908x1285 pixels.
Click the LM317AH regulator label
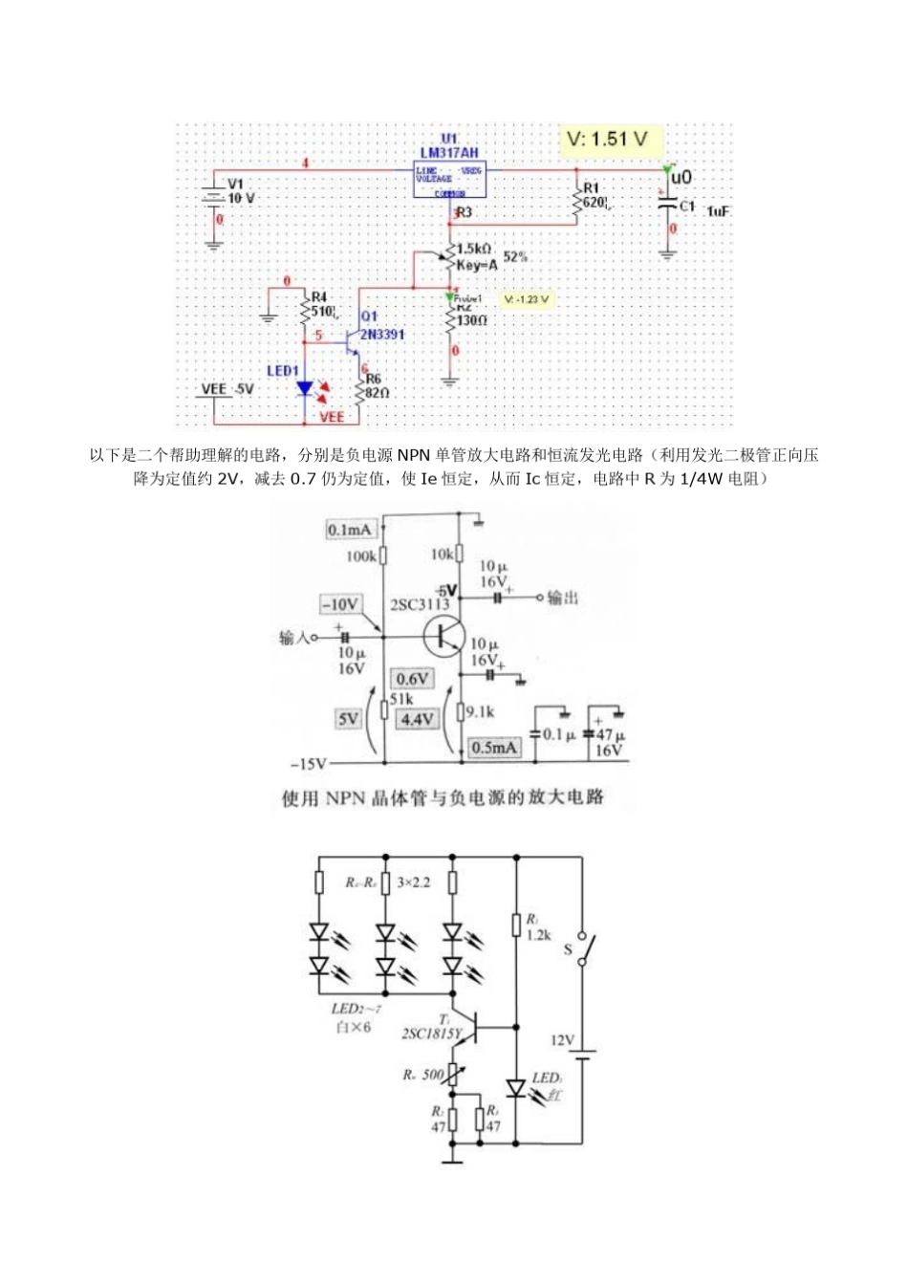click(449, 153)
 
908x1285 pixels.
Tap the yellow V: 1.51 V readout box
click(608, 140)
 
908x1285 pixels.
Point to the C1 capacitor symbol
click(666, 205)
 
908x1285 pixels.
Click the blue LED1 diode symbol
click(305, 388)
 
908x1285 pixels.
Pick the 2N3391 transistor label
click(381, 335)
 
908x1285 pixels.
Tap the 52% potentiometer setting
click(515, 257)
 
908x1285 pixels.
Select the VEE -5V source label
click(227, 389)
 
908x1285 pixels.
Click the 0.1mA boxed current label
click(349, 530)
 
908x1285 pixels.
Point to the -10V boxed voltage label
click(341, 604)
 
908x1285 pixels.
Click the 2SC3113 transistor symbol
click(445, 636)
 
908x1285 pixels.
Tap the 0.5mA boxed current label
click(494, 748)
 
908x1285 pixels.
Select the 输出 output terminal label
click(563, 598)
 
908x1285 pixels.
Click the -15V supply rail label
click(309, 763)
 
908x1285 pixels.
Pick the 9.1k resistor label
click(480, 711)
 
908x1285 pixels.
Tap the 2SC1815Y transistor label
click(431, 1034)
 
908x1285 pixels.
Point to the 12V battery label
click(562, 1040)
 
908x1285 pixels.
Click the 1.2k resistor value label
click(539, 934)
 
